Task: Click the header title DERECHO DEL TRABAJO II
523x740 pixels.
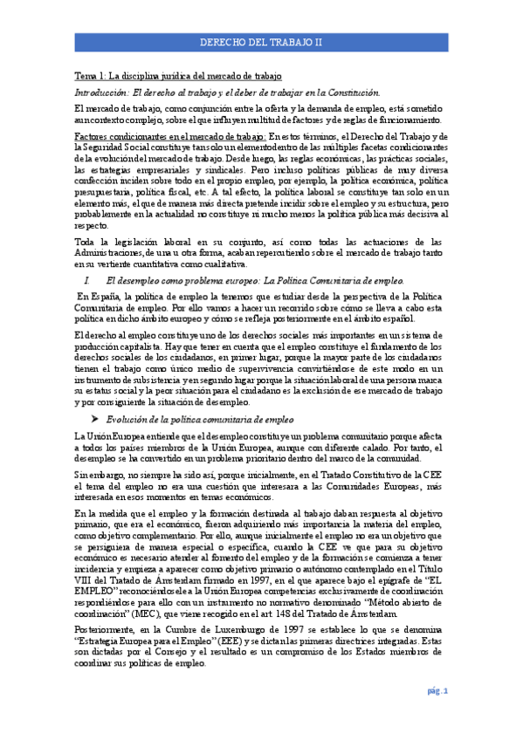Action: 260,41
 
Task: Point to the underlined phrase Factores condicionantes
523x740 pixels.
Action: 114,138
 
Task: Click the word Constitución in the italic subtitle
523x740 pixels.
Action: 354,92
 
